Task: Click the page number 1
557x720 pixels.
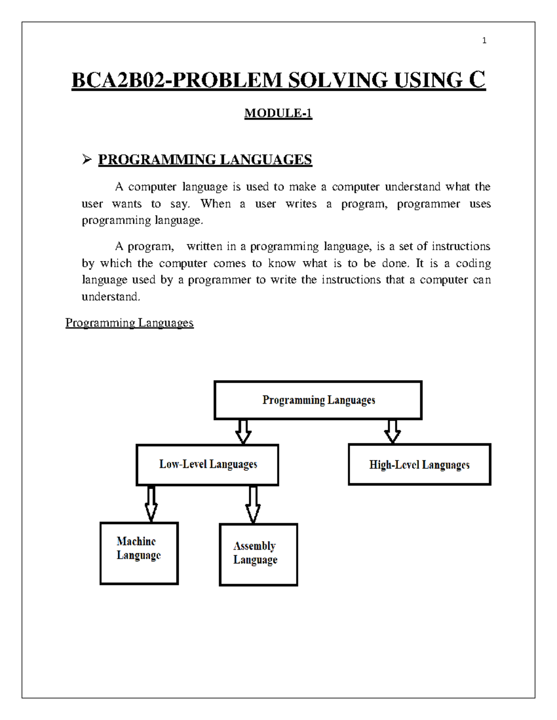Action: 484,41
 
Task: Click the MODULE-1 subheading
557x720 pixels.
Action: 278,113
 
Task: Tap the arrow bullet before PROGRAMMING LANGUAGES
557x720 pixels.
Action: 87,159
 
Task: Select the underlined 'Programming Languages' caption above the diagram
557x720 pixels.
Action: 129,323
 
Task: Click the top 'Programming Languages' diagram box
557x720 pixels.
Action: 318,400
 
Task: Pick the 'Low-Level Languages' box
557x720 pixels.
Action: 207,465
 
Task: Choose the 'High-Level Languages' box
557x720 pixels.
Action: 419,465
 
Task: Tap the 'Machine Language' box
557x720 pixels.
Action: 139,553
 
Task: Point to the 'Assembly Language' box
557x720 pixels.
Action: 258,554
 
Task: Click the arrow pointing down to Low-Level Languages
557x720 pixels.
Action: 243,432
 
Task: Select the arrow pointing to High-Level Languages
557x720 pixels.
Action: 392,431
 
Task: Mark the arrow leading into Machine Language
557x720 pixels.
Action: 151,503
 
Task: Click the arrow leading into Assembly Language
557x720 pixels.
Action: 253,504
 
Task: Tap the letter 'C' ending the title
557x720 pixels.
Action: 477,80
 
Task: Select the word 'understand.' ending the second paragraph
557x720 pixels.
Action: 111,297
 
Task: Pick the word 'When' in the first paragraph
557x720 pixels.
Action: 215,204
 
